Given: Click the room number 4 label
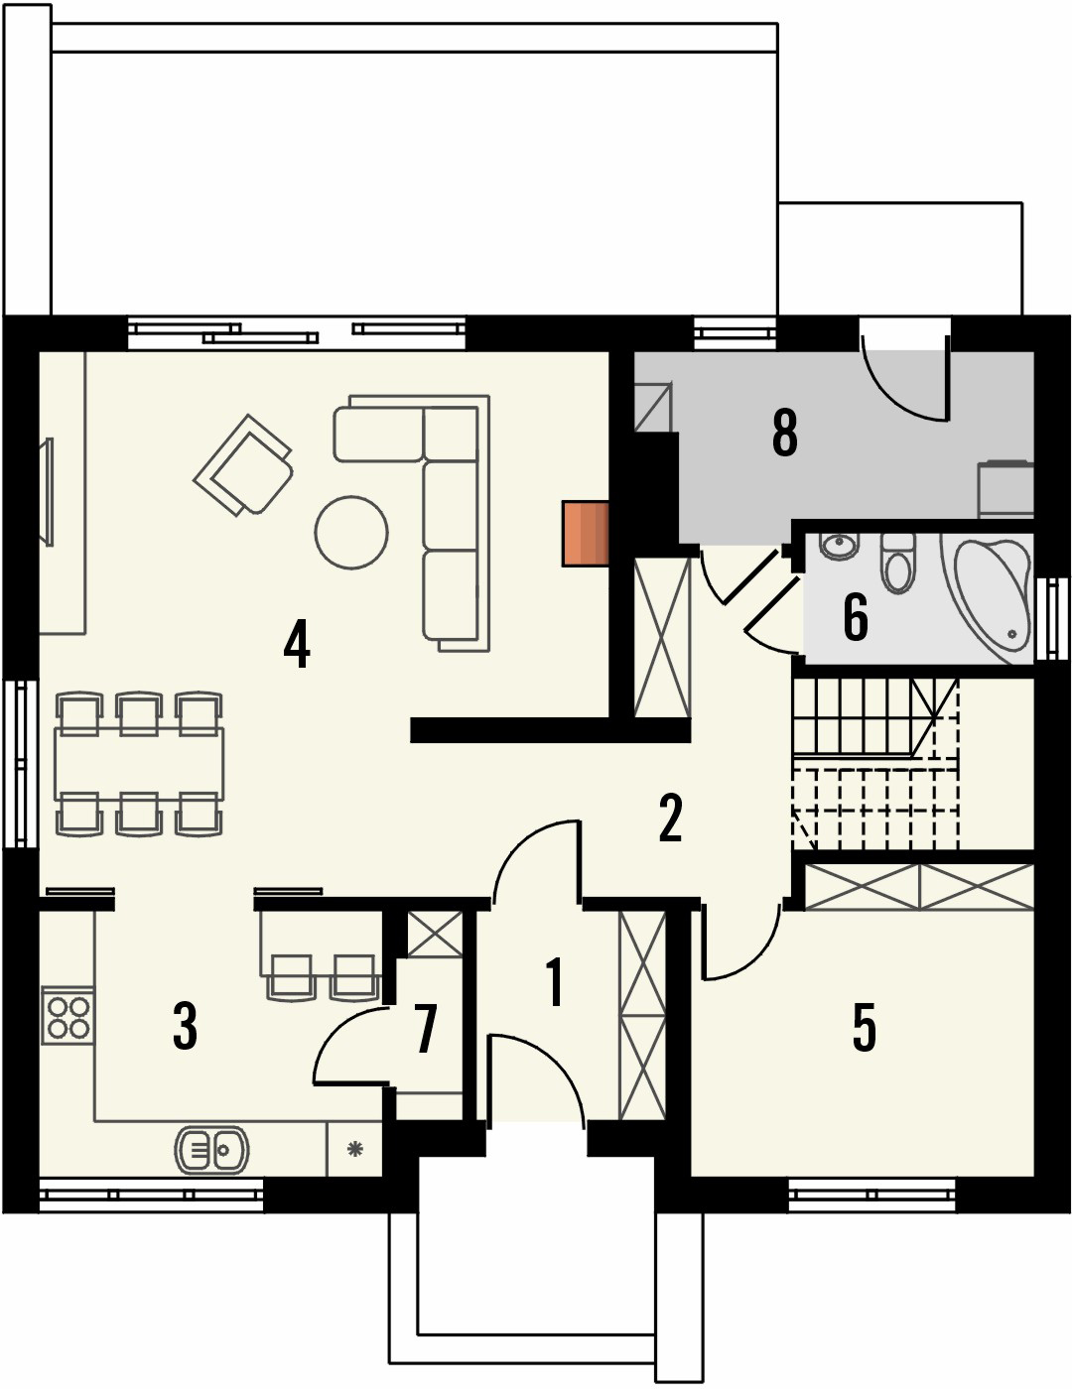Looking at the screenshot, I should pyautogui.click(x=297, y=644).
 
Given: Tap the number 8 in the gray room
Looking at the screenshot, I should pyautogui.click(x=784, y=434).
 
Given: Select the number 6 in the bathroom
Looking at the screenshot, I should pyautogui.click(x=856, y=617).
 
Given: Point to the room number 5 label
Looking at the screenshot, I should pyautogui.click(x=865, y=1027).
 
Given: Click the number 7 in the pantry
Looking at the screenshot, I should pyautogui.click(x=426, y=1029).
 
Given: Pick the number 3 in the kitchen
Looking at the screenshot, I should pyautogui.click(x=185, y=1027).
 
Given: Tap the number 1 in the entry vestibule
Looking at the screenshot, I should pyautogui.click(x=555, y=982).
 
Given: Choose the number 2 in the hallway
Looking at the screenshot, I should pyautogui.click(x=670, y=819).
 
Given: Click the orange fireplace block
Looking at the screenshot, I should pyautogui.click(x=585, y=534).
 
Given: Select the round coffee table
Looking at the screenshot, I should pyautogui.click(x=350, y=532).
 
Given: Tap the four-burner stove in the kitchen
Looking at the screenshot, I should pyautogui.click(x=67, y=1016).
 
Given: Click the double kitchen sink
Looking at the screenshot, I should pyautogui.click(x=210, y=1150).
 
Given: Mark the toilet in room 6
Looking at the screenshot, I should pyautogui.click(x=898, y=563).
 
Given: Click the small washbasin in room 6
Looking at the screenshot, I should pyautogui.click(x=840, y=545).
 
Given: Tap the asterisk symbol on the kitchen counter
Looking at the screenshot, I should pyautogui.click(x=354, y=1150).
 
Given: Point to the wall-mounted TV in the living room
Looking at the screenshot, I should pyautogui.click(x=46, y=491).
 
